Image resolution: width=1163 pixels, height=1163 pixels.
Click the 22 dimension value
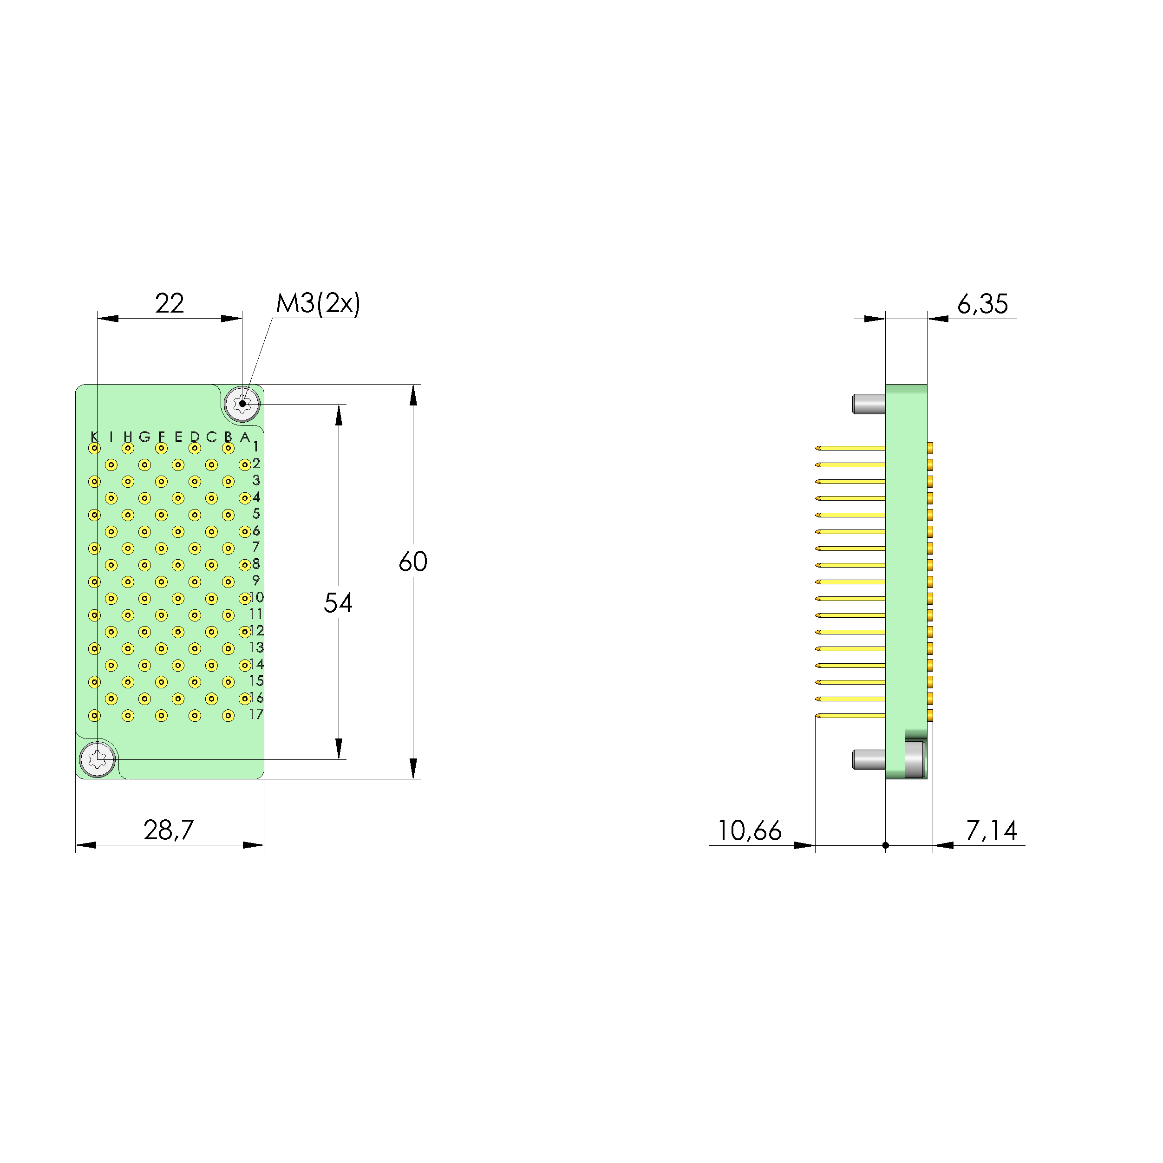169,303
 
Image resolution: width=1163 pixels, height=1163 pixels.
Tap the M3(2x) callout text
318,303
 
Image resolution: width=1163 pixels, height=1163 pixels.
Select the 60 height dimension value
413,562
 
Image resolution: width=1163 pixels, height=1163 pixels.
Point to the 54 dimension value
338,602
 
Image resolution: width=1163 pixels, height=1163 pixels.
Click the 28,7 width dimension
169,830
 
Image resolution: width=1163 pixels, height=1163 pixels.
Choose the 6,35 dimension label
982,304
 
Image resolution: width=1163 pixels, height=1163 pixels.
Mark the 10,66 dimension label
750,831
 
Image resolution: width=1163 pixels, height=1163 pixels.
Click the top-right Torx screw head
242,403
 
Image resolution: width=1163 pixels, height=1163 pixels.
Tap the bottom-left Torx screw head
98,759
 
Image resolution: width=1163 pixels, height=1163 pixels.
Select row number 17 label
256,714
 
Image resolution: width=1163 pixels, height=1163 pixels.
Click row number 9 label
256,580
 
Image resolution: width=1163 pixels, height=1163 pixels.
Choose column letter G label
144,437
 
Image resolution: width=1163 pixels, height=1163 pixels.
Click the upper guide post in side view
869,404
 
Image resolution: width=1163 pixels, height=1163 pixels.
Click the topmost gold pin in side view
850,448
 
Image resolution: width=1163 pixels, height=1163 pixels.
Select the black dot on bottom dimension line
886,845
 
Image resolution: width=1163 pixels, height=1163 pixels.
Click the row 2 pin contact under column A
244,465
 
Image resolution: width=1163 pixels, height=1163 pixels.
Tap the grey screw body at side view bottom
915,760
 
